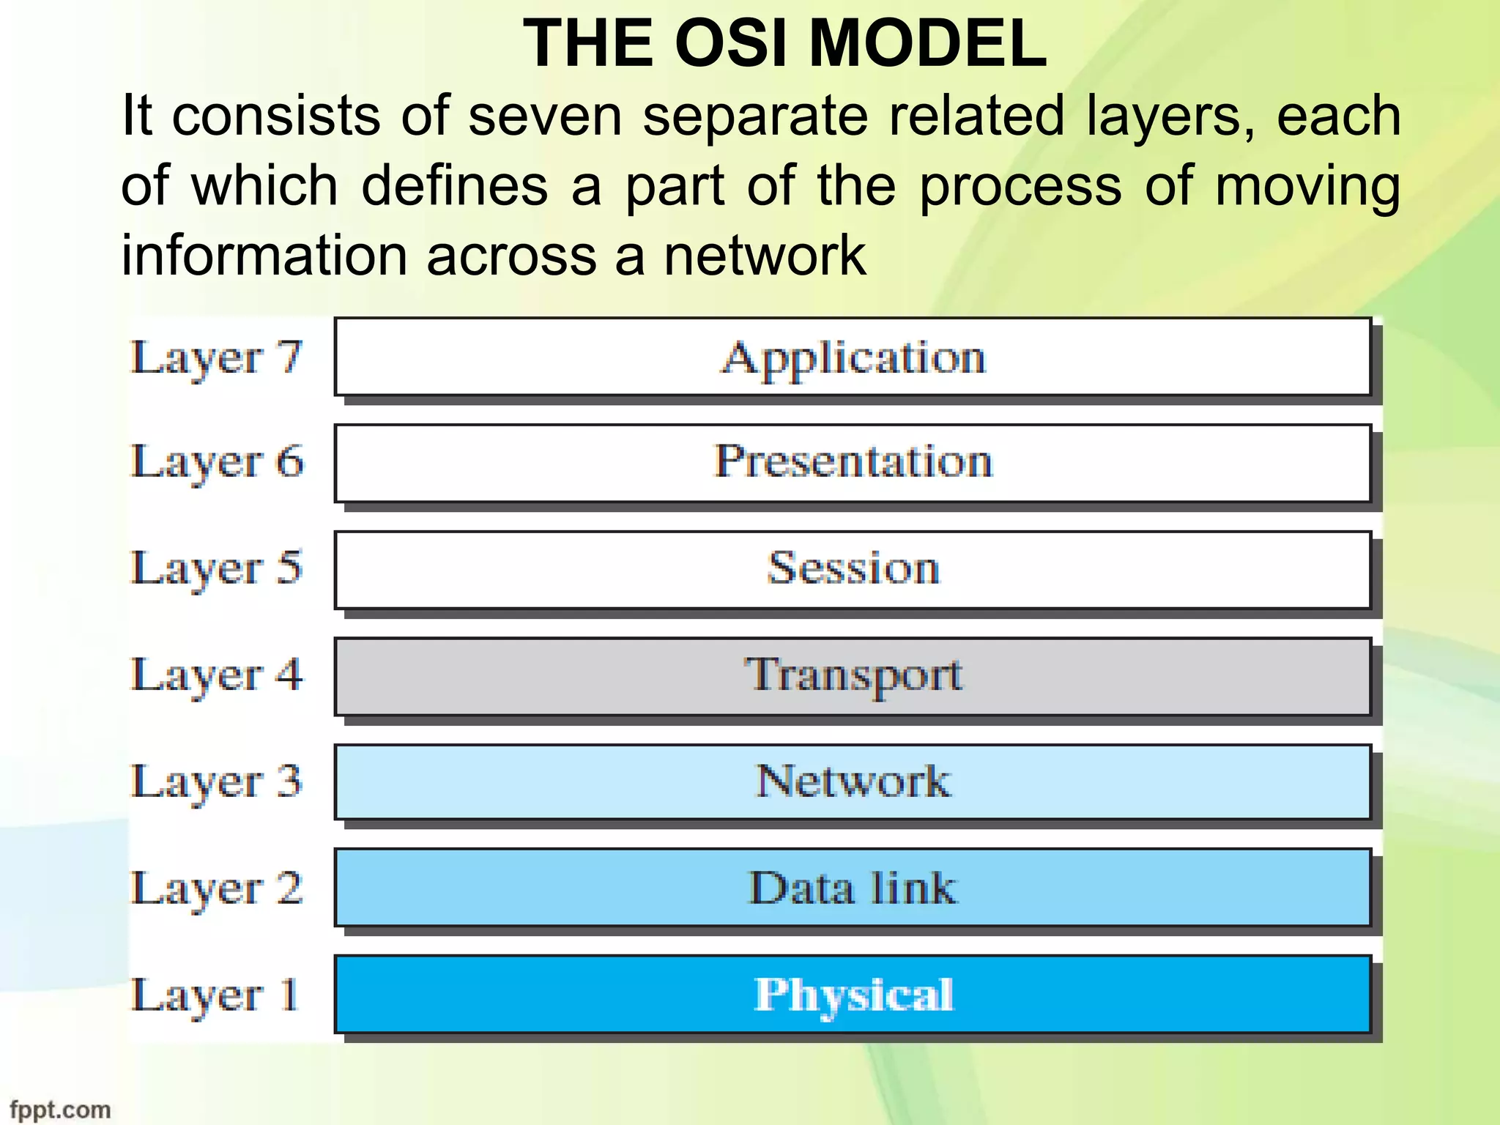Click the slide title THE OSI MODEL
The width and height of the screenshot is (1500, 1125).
[x=785, y=44]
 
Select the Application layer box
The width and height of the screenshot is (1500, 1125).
[x=853, y=357]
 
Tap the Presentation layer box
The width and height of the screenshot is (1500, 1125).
[x=853, y=463]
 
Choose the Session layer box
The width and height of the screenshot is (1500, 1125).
[x=853, y=570]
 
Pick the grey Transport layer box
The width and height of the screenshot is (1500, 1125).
[x=853, y=676]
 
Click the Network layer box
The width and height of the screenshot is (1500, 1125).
[x=853, y=781]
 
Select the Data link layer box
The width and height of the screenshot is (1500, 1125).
[x=853, y=888]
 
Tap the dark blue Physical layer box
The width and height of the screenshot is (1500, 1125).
[x=853, y=994]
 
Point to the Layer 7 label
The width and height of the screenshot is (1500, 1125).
[x=216, y=359]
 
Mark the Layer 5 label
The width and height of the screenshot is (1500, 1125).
[x=216, y=569]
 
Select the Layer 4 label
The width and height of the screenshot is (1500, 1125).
[x=216, y=675]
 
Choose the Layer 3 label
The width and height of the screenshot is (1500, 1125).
[x=216, y=782]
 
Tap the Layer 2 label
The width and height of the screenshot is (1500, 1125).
[x=216, y=888]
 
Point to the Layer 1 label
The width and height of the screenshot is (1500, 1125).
[x=215, y=995]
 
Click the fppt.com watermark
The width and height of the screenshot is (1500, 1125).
[x=60, y=1110]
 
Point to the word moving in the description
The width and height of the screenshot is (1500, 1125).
[x=1307, y=187]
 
